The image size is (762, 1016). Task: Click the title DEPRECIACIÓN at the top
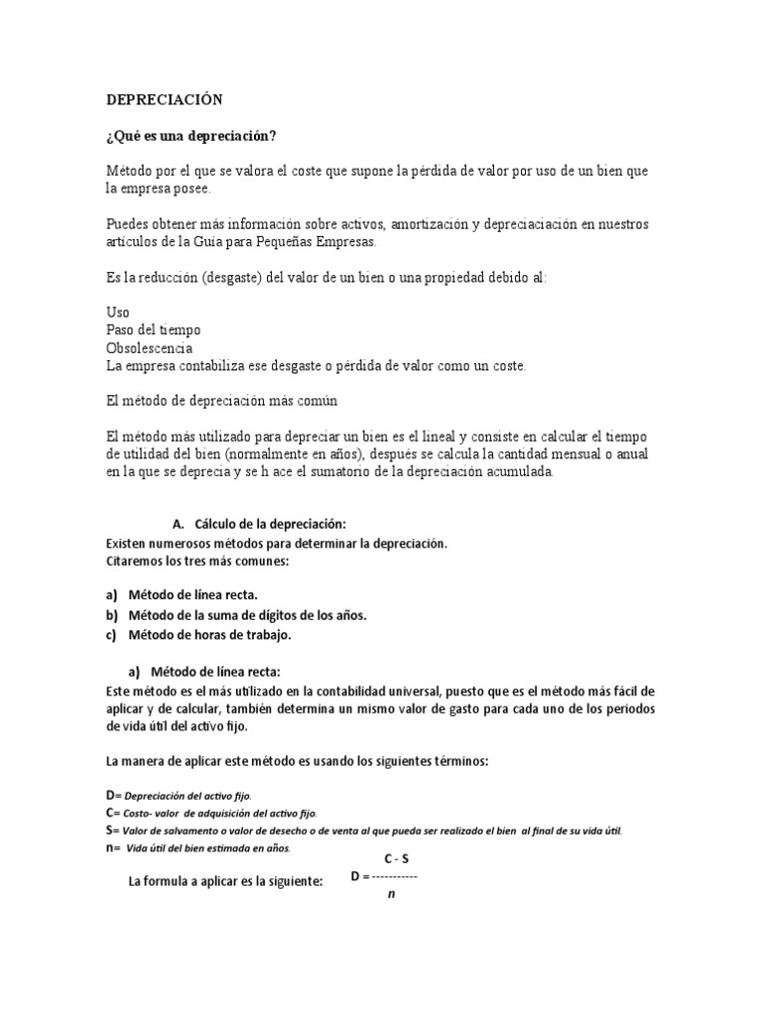tap(165, 99)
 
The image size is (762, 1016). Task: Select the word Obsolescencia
tap(150, 348)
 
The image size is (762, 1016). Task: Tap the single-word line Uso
tap(117, 313)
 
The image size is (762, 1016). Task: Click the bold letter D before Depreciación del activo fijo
tap(110, 795)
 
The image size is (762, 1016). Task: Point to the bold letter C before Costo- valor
tap(110, 813)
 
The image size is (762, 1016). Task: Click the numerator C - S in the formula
tap(396, 859)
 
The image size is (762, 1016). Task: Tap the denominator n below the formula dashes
tap(391, 895)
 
